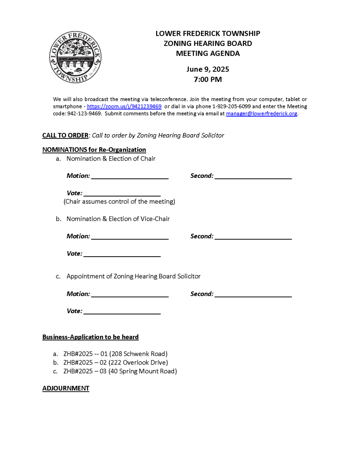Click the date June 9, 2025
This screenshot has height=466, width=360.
[208, 70]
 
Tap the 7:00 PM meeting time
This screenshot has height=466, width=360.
[208, 80]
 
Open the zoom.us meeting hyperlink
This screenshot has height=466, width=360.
[124, 106]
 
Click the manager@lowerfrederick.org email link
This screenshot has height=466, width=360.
[261, 114]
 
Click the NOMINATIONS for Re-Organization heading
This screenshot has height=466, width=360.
[94, 150]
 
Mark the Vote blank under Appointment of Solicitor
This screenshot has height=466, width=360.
[122, 312]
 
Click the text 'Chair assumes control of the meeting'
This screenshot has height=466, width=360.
[119, 202]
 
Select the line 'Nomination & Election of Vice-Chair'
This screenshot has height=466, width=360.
[118, 219]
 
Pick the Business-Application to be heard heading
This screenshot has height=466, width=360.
[91, 337]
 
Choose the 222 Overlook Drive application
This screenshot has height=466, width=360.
[116, 362]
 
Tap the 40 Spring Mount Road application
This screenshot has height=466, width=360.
[120, 371]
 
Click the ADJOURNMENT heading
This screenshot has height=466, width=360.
[66, 388]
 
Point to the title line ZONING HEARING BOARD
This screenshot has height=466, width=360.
[208, 44]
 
